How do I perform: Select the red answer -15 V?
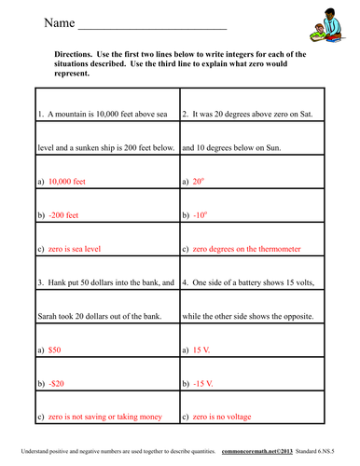click(204, 382)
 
